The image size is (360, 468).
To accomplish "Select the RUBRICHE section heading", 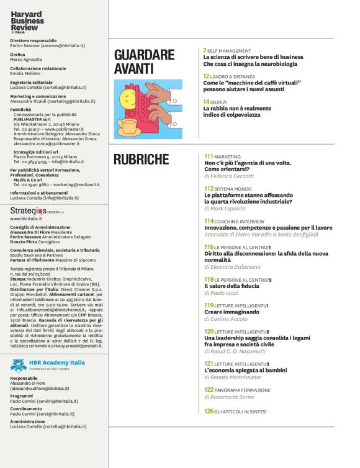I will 142,160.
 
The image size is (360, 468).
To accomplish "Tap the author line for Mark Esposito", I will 227,209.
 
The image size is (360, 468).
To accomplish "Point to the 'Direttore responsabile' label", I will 32,40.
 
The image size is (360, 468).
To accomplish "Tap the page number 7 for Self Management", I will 205,50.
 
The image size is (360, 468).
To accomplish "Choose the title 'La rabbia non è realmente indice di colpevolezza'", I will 237,111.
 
